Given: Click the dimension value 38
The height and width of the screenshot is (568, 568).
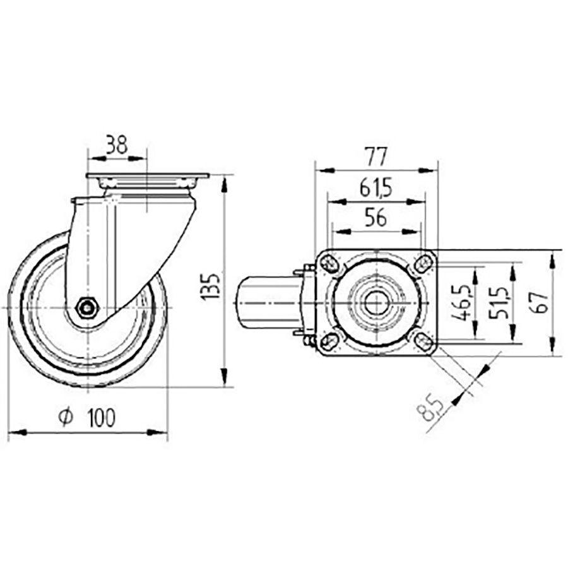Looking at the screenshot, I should click(x=116, y=145).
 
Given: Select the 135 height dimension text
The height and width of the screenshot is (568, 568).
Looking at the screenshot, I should click(x=212, y=286).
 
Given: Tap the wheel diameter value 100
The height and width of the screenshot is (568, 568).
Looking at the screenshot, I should click(x=102, y=418).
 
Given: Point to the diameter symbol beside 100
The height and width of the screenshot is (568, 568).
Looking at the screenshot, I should click(x=66, y=418).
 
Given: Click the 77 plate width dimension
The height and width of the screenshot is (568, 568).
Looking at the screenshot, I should click(x=376, y=155).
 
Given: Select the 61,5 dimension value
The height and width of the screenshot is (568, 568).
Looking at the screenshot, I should click(x=376, y=187).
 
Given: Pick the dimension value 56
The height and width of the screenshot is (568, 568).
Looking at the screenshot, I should click(x=376, y=218).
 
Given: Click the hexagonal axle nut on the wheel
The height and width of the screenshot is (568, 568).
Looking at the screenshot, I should click(x=86, y=307).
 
